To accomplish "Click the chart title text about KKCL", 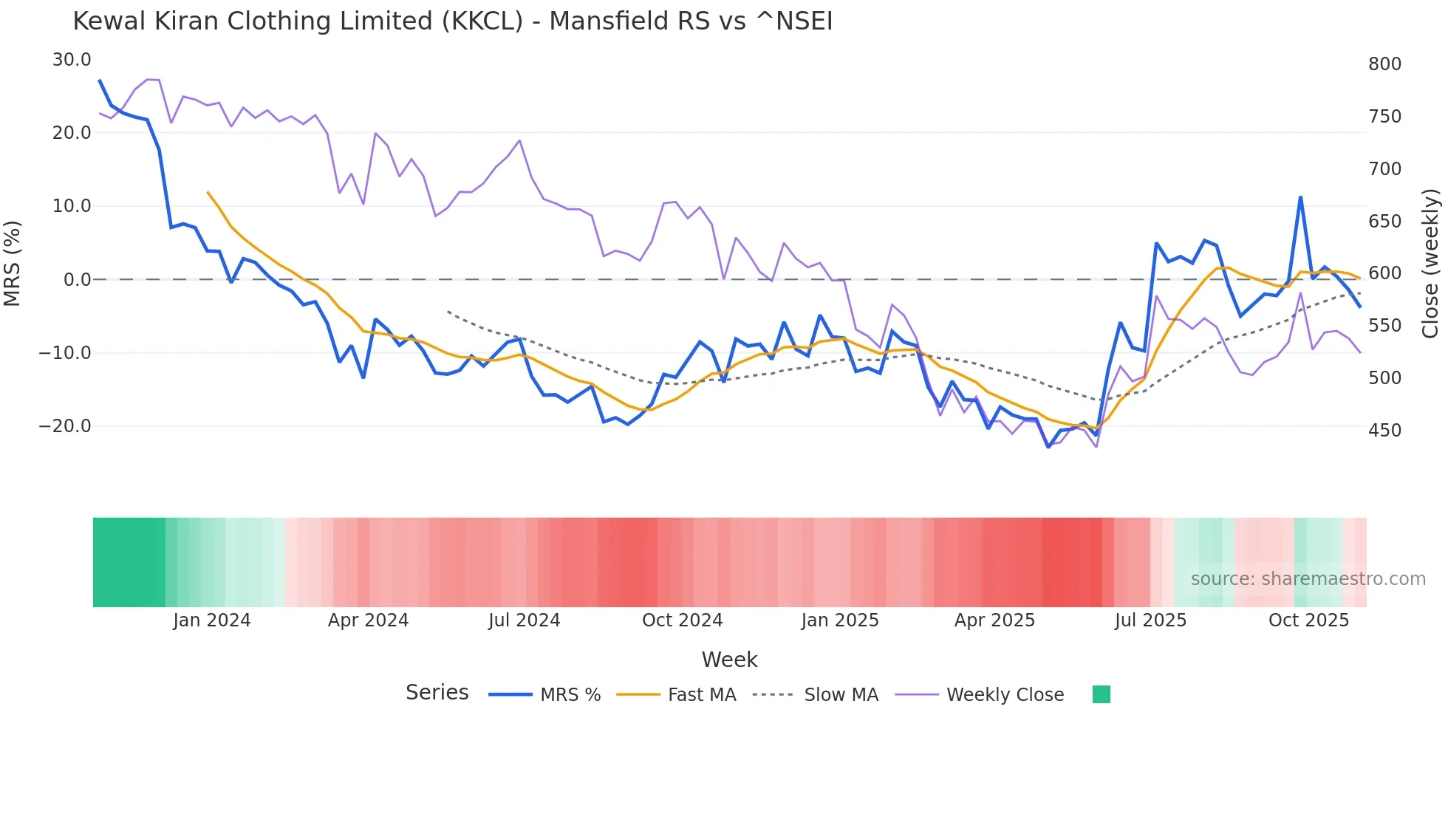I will click(x=452, y=21).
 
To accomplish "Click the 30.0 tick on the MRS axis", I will click(x=72, y=60).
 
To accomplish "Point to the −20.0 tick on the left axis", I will click(x=66, y=426).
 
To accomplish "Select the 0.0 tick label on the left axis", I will click(x=77, y=280).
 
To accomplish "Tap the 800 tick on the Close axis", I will click(x=1384, y=64).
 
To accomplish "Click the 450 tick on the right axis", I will click(x=1384, y=431).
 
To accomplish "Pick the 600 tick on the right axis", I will click(x=1384, y=273).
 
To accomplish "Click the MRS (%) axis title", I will click(x=13, y=264).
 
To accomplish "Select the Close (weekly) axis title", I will click(x=1430, y=264).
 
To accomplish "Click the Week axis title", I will click(x=729, y=660).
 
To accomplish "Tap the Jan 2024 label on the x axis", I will click(x=212, y=620).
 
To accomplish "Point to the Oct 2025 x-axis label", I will click(x=1308, y=620).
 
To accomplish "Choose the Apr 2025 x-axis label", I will click(x=994, y=620).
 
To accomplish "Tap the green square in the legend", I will click(x=1101, y=694).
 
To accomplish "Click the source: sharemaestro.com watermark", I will click(x=1308, y=579).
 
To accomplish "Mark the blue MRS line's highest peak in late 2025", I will click(x=1300, y=197).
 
